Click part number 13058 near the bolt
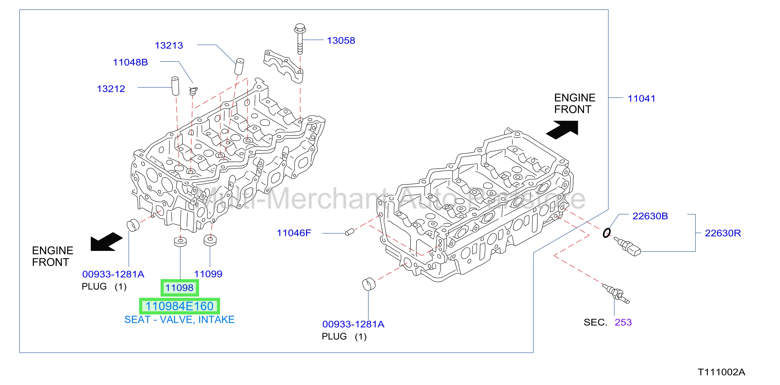[x=341, y=40]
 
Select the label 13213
[x=169, y=45]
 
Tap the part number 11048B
[x=130, y=62]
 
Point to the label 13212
[x=111, y=89]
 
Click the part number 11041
[x=641, y=99]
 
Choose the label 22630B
[x=650, y=216]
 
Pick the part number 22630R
[x=723, y=233]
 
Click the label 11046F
[x=294, y=233]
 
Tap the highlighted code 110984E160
[x=180, y=306]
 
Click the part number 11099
[x=208, y=274]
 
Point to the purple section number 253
[x=623, y=322]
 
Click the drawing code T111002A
[x=721, y=372]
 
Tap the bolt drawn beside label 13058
[x=300, y=39]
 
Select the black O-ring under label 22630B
[x=606, y=233]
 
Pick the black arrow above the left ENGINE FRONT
[x=107, y=242]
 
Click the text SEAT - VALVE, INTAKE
[x=179, y=320]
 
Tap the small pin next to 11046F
[x=350, y=232]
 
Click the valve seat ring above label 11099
[x=210, y=240]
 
